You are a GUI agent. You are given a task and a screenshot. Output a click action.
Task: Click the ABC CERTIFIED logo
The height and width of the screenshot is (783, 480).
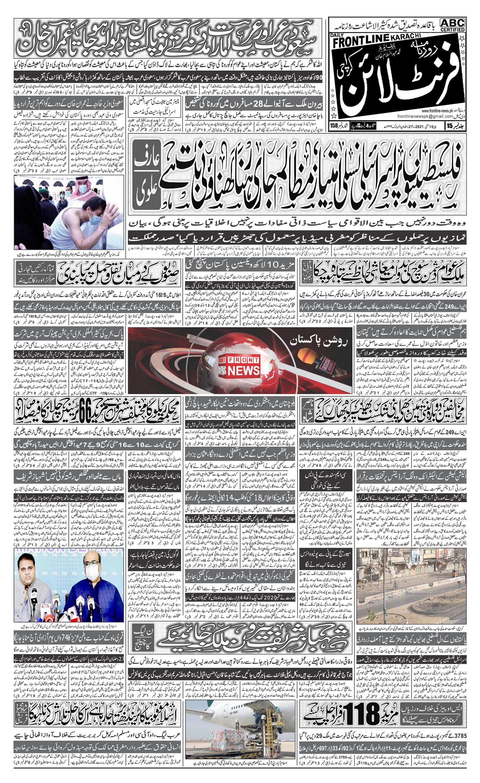click(x=452, y=25)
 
